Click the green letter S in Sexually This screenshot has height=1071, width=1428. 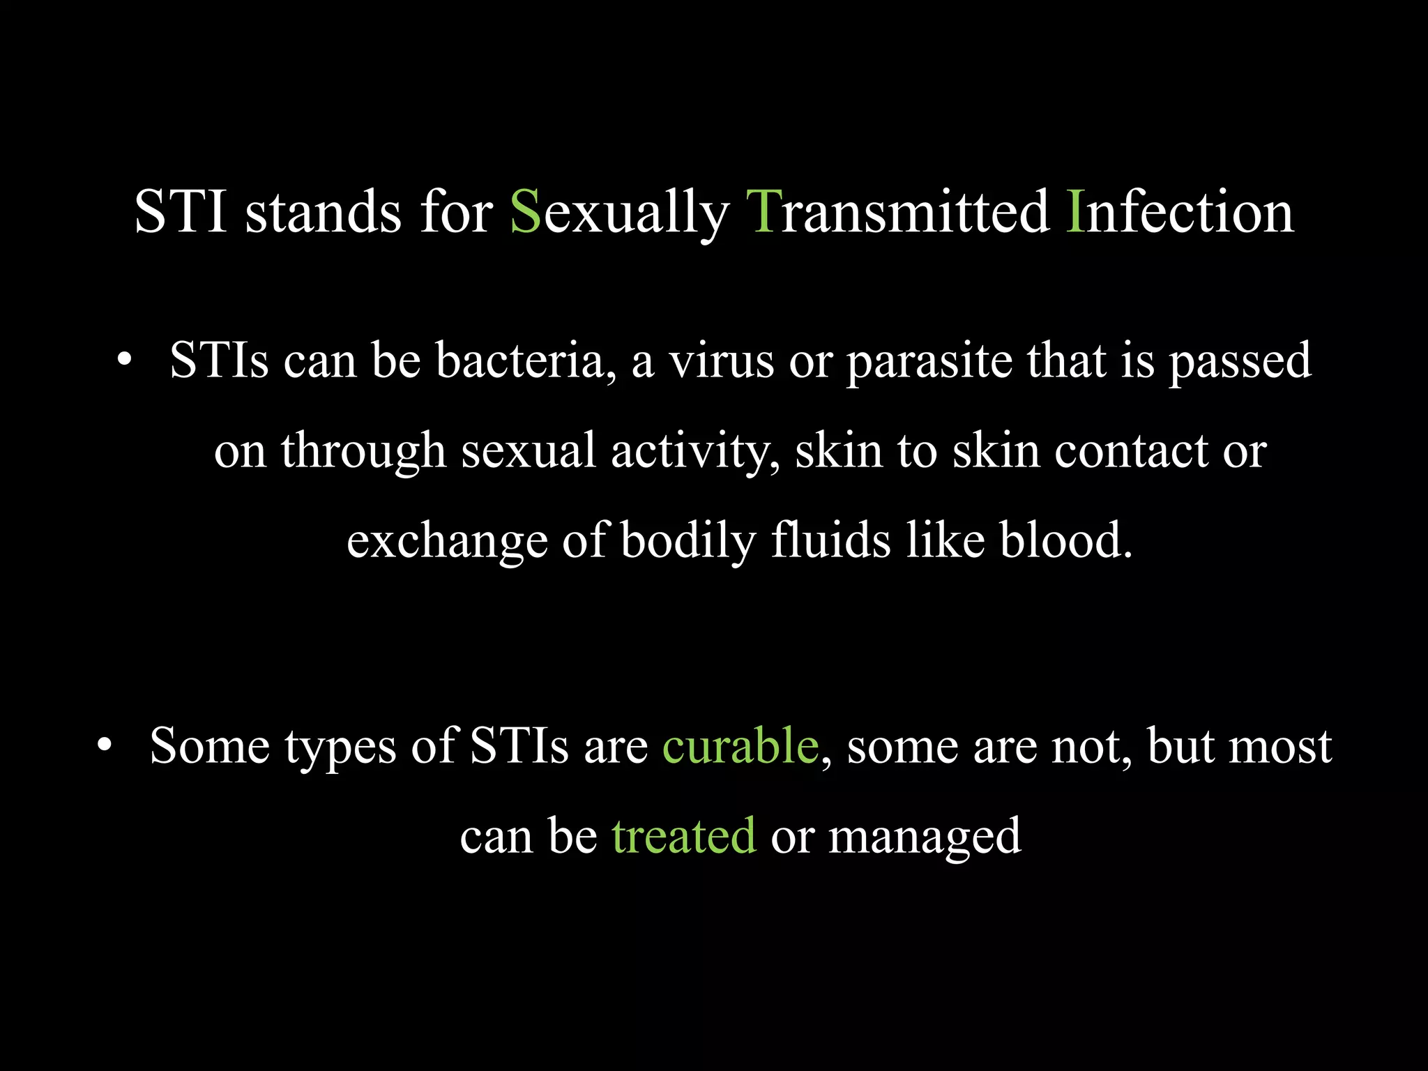click(526, 211)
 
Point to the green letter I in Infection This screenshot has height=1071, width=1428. click(1074, 211)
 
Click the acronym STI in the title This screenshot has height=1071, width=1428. click(181, 211)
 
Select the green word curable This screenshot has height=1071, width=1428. click(740, 746)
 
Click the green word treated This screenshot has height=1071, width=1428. click(683, 835)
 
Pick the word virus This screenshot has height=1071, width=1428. click(721, 360)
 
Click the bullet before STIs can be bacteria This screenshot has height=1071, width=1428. click(124, 360)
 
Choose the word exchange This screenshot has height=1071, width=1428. click(447, 541)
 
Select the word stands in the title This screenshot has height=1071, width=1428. click(324, 211)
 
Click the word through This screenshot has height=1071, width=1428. click(363, 453)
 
